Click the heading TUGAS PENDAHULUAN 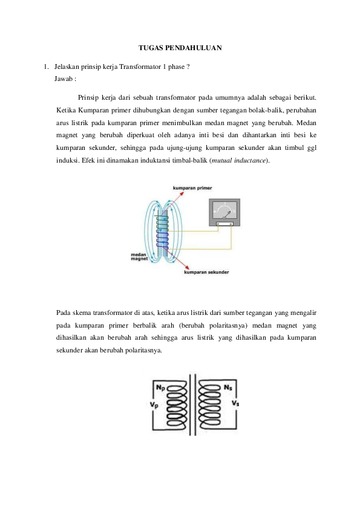180,47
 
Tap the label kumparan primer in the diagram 192,189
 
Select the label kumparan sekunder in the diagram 206,273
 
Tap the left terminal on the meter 217,224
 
